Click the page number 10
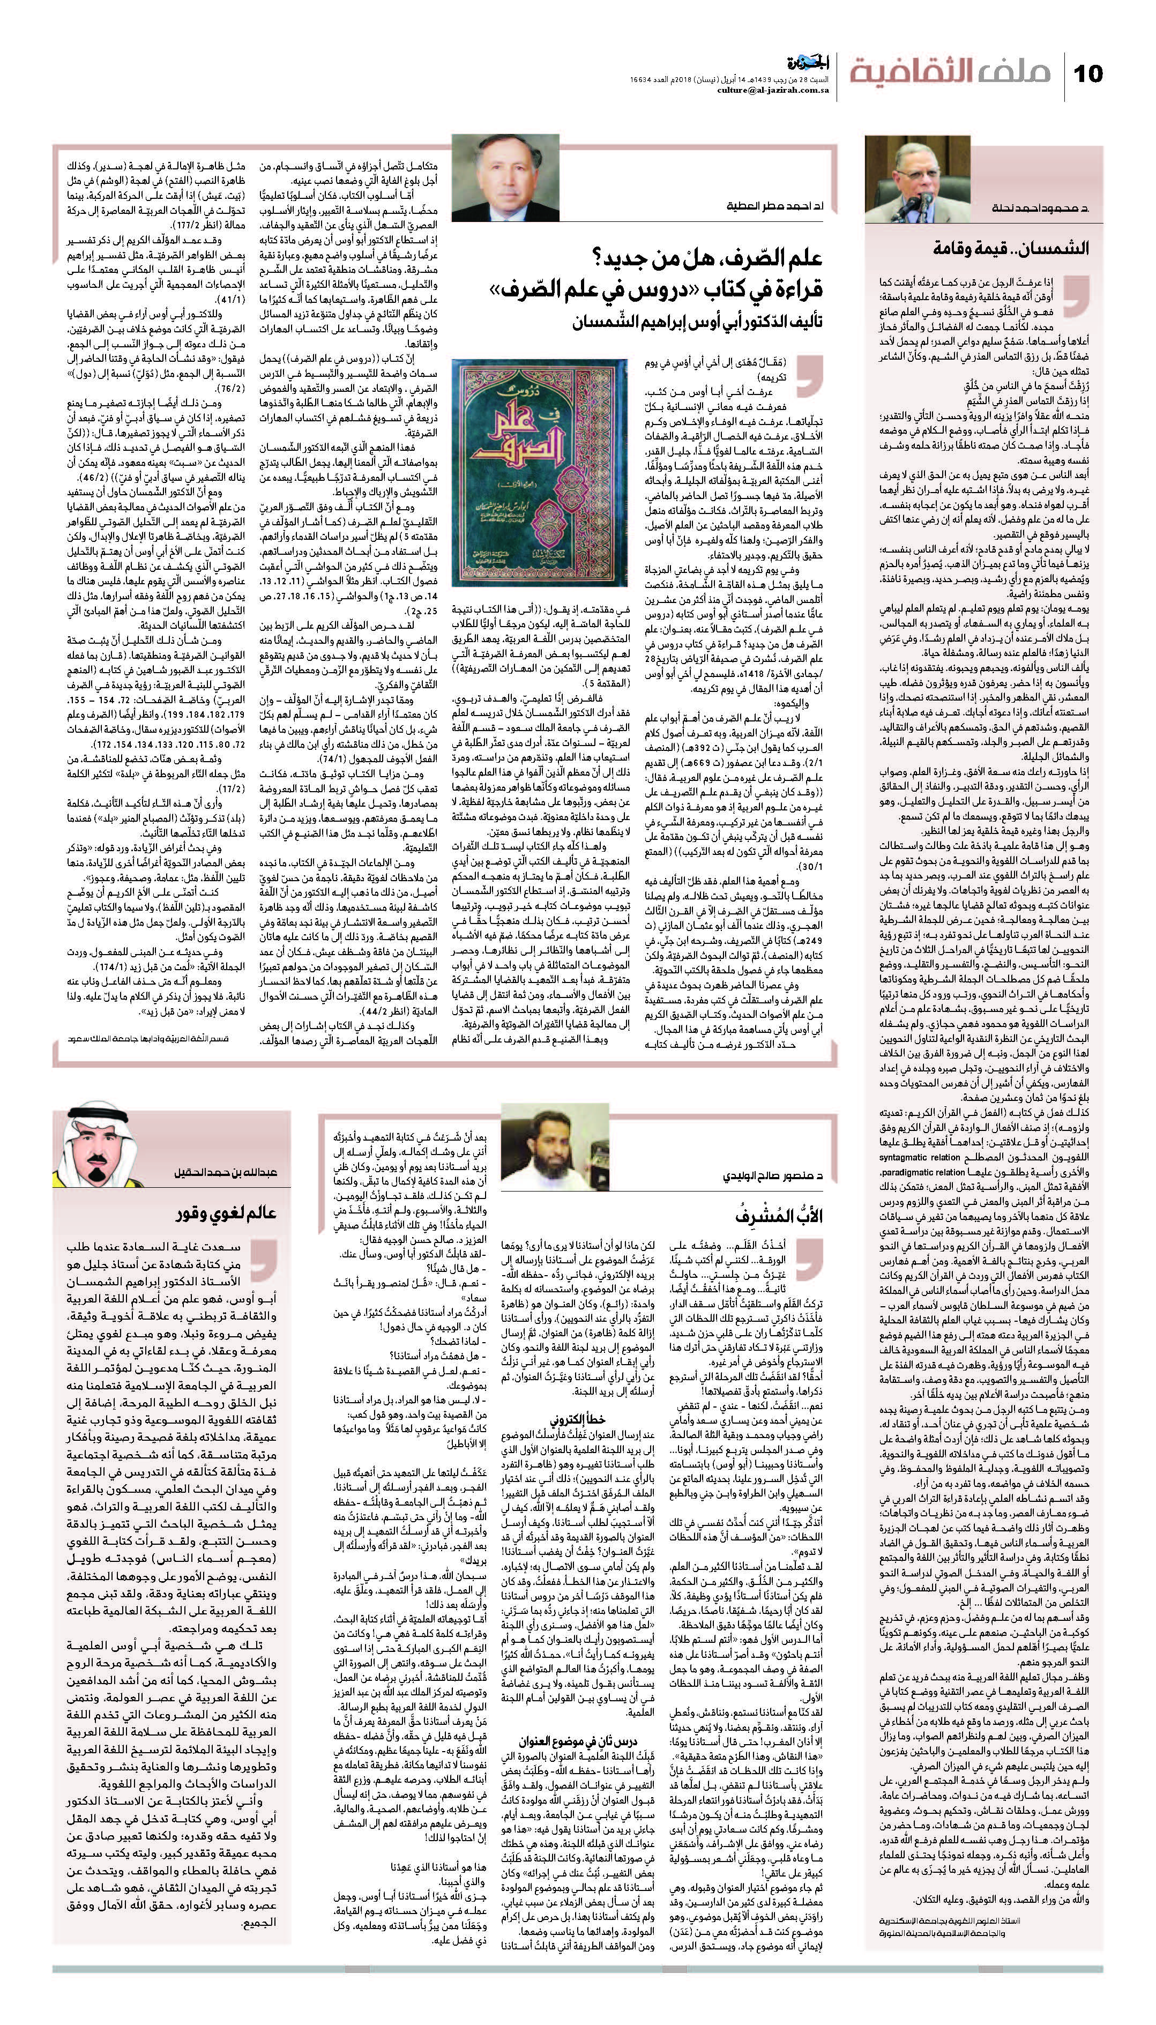(x=1088, y=74)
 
